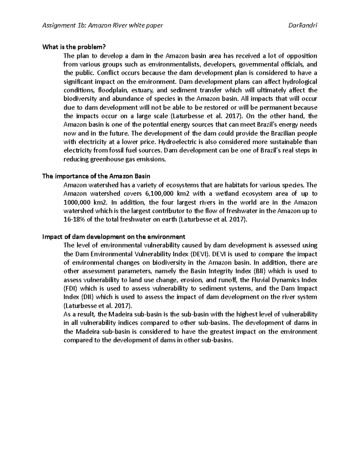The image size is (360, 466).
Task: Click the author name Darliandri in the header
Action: (x=302, y=26)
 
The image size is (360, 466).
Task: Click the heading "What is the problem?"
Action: (x=74, y=47)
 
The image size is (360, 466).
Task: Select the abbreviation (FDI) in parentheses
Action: (x=71, y=289)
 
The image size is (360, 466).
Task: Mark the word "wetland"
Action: (x=223, y=194)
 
